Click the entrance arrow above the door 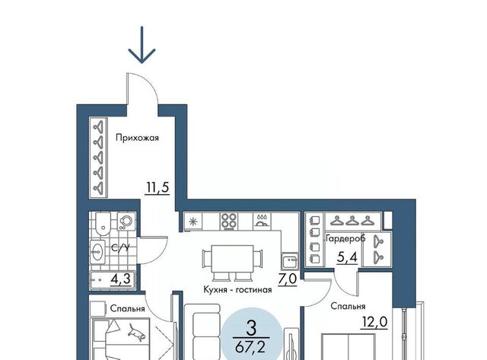pyautogui.click(x=142, y=44)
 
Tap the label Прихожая pyautogui.click(x=137, y=138)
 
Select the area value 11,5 pyautogui.click(x=158, y=187)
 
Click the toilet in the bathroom pyautogui.click(x=103, y=225)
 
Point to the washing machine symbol pyautogui.click(x=126, y=221)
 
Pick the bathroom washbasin pyautogui.click(x=98, y=251)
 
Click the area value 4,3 pyautogui.click(x=120, y=279)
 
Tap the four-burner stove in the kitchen pyautogui.click(x=229, y=221)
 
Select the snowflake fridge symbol pyautogui.click(x=193, y=221)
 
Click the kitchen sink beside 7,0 pyautogui.click(x=290, y=261)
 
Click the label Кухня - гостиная pyautogui.click(x=237, y=290)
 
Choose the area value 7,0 pyautogui.click(x=288, y=279)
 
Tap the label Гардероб pyautogui.click(x=345, y=238)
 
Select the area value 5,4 pyautogui.click(x=347, y=257)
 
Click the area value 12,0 pyautogui.click(x=374, y=322)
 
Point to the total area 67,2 pyautogui.click(x=250, y=346)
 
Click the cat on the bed pyautogui.click(x=137, y=332)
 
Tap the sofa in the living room pyautogui.click(x=202, y=332)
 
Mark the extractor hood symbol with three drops pyautogui.click(x=262, y=221)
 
